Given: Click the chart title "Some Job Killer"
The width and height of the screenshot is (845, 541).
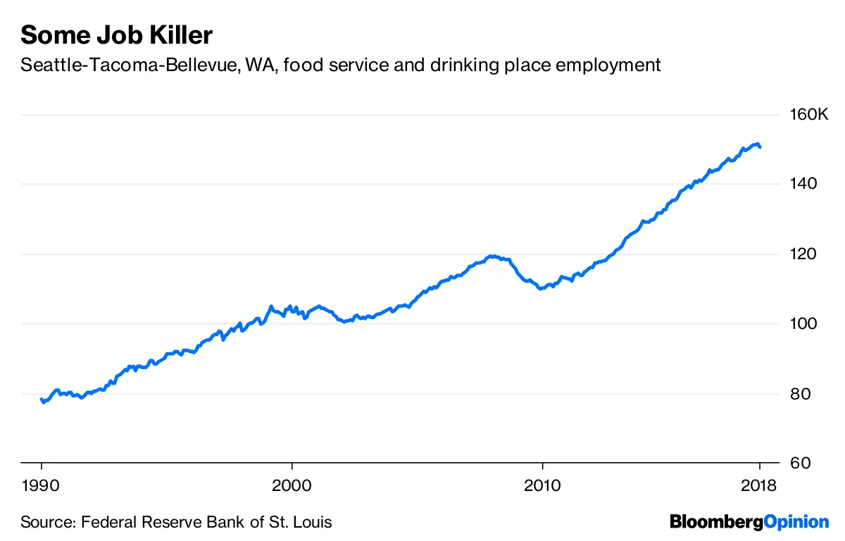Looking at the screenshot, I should [116, 35].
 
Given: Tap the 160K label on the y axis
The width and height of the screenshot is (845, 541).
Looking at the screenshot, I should [810, 115].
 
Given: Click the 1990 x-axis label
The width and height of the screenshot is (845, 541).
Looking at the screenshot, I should [42, 485].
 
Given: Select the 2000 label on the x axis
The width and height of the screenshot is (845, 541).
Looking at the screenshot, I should [292, 485].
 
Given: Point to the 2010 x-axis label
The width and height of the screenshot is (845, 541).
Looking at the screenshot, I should [542, 485].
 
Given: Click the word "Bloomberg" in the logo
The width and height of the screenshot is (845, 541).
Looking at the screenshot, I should [716, 522].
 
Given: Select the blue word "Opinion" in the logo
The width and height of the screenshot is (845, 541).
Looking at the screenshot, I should [796, 522].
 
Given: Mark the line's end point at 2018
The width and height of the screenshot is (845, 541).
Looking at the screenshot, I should [760, 147].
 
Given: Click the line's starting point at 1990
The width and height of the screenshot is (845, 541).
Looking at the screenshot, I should [42, 399].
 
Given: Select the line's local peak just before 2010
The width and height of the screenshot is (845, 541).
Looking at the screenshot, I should [493, 256].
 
